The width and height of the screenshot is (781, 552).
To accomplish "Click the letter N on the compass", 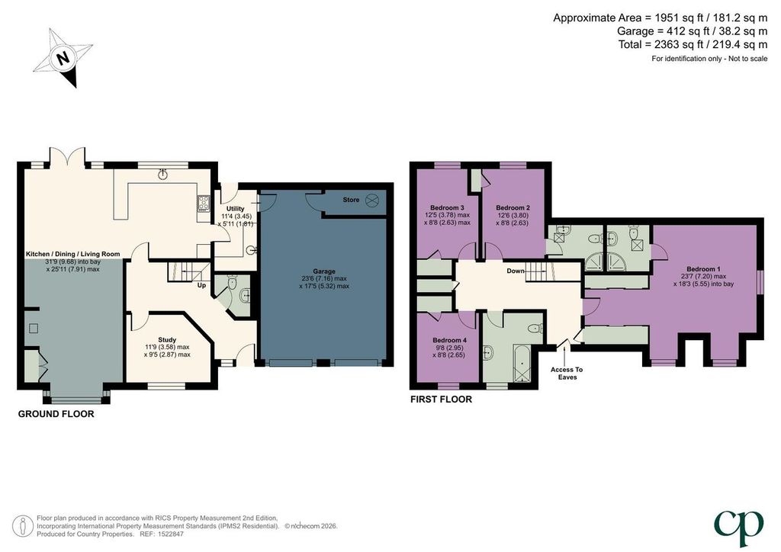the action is point(63,58).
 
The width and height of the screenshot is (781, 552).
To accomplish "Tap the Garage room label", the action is point(324,271).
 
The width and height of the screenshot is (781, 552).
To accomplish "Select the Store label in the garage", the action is point(351,200).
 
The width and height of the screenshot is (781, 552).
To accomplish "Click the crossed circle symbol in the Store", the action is point(372,200).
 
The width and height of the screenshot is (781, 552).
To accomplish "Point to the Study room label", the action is point(167,339).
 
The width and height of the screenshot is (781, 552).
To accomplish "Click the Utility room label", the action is point(236,209).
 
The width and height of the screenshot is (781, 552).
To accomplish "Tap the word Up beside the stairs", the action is point(201,285).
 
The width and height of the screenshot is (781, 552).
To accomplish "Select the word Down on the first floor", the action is point(516,271).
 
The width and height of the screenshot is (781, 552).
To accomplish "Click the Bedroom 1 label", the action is point(702,269).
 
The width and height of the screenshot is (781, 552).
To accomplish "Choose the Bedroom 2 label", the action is point(513,207).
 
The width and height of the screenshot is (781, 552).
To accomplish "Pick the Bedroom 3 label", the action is point(447,207).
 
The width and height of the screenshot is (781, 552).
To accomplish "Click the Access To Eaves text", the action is point(567,374).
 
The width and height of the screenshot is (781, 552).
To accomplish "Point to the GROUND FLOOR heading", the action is point(56,414).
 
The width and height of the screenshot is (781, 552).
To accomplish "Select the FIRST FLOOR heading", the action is point(441,400).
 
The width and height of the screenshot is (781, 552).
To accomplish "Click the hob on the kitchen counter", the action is point(204,203).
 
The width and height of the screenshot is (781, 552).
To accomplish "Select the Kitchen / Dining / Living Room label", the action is point(72,254).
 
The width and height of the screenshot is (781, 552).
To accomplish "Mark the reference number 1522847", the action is point(169,534).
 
